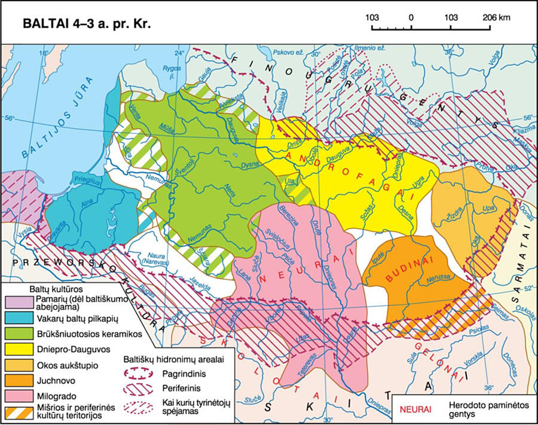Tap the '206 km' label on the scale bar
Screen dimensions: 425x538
tap(496, 18)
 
